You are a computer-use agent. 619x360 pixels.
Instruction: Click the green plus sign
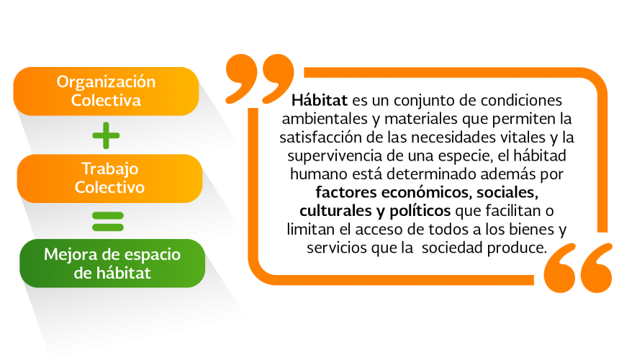[x=106, y=135]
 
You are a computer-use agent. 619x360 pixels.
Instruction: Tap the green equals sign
[x=108, y=222]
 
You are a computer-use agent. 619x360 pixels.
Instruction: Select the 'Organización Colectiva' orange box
[x=107, y=91]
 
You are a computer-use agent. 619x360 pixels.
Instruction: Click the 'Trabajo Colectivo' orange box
[x=109, y=179]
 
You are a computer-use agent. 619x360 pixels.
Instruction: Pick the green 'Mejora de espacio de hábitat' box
[x=112, y=264]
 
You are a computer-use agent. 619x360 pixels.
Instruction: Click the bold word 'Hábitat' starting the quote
[x=320, y=100]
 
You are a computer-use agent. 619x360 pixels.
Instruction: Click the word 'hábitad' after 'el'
[x=540, y=156]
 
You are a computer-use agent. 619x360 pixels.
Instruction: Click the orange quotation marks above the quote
[x=260, y=79]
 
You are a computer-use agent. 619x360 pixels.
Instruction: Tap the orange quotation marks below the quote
[x=578, y=268]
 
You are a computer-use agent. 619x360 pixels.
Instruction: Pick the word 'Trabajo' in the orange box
[x=109, y=169]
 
